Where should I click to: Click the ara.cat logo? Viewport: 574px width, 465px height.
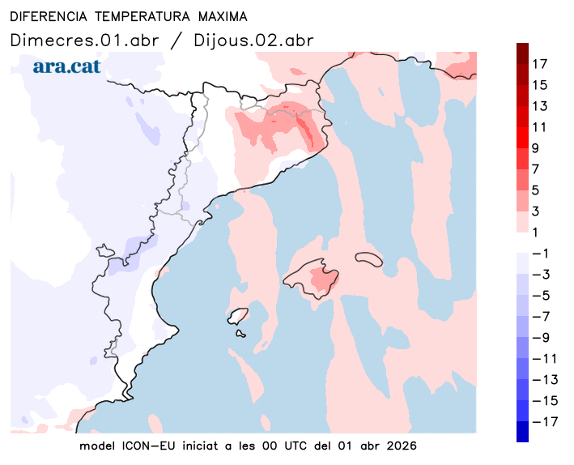66,66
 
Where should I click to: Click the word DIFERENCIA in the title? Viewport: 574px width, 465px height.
47,16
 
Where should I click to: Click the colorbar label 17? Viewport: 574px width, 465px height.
539,64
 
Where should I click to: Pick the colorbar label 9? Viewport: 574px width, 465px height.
539,148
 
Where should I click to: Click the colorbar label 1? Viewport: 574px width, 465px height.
539,232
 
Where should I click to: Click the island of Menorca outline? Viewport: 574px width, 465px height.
369,258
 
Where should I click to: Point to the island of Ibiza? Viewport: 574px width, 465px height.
238,316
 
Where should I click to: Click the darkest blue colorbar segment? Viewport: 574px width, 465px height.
522,432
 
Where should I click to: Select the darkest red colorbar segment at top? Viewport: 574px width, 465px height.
522,53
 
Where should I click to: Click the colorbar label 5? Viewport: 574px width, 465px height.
539,190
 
